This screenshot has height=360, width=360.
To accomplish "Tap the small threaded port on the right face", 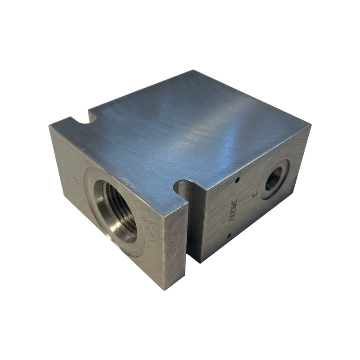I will point(273,180).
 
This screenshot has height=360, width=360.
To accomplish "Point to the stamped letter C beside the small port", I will point(254,194).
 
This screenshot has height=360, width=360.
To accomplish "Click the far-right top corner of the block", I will point(310,126).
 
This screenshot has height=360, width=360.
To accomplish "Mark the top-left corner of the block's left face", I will point(49,126).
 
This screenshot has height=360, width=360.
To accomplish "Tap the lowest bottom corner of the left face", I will point(165,289).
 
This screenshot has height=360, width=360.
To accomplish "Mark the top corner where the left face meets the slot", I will point(187,205).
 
